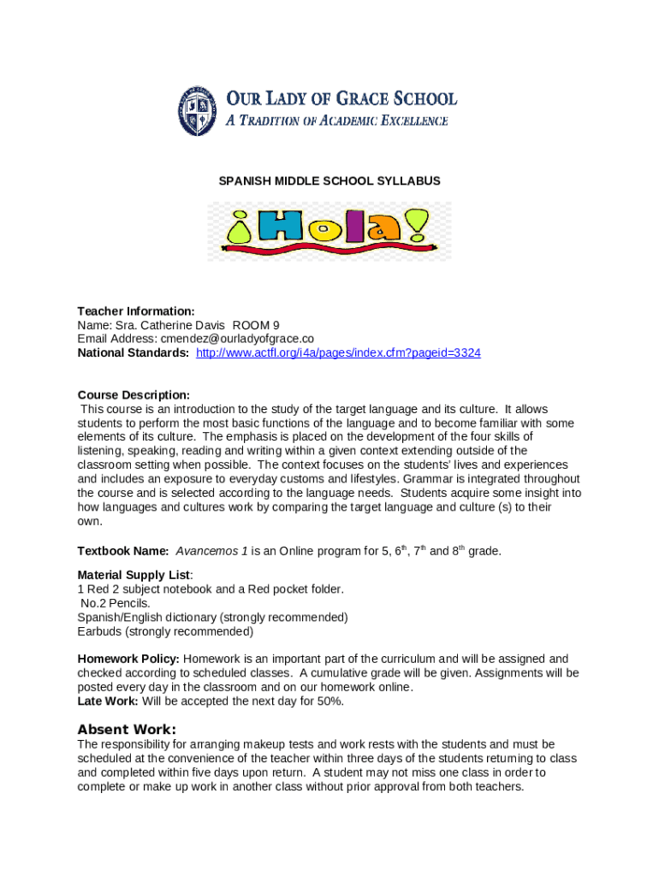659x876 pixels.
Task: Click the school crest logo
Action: (197, 111)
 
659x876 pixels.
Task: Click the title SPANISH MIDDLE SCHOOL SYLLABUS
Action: (329, 181)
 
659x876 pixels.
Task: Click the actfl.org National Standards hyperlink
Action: (338, 352)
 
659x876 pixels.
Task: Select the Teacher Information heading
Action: (136, 311)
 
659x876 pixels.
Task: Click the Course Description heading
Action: (134, 395)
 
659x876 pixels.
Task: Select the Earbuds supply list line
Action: (165, 631)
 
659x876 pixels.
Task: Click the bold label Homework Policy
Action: (128, 659)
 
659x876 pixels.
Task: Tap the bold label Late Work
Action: (108, 701)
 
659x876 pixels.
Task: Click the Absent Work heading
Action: (127, 730)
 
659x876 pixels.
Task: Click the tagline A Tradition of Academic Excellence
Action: (336, 121)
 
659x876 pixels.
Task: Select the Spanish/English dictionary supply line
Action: (212, 617)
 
